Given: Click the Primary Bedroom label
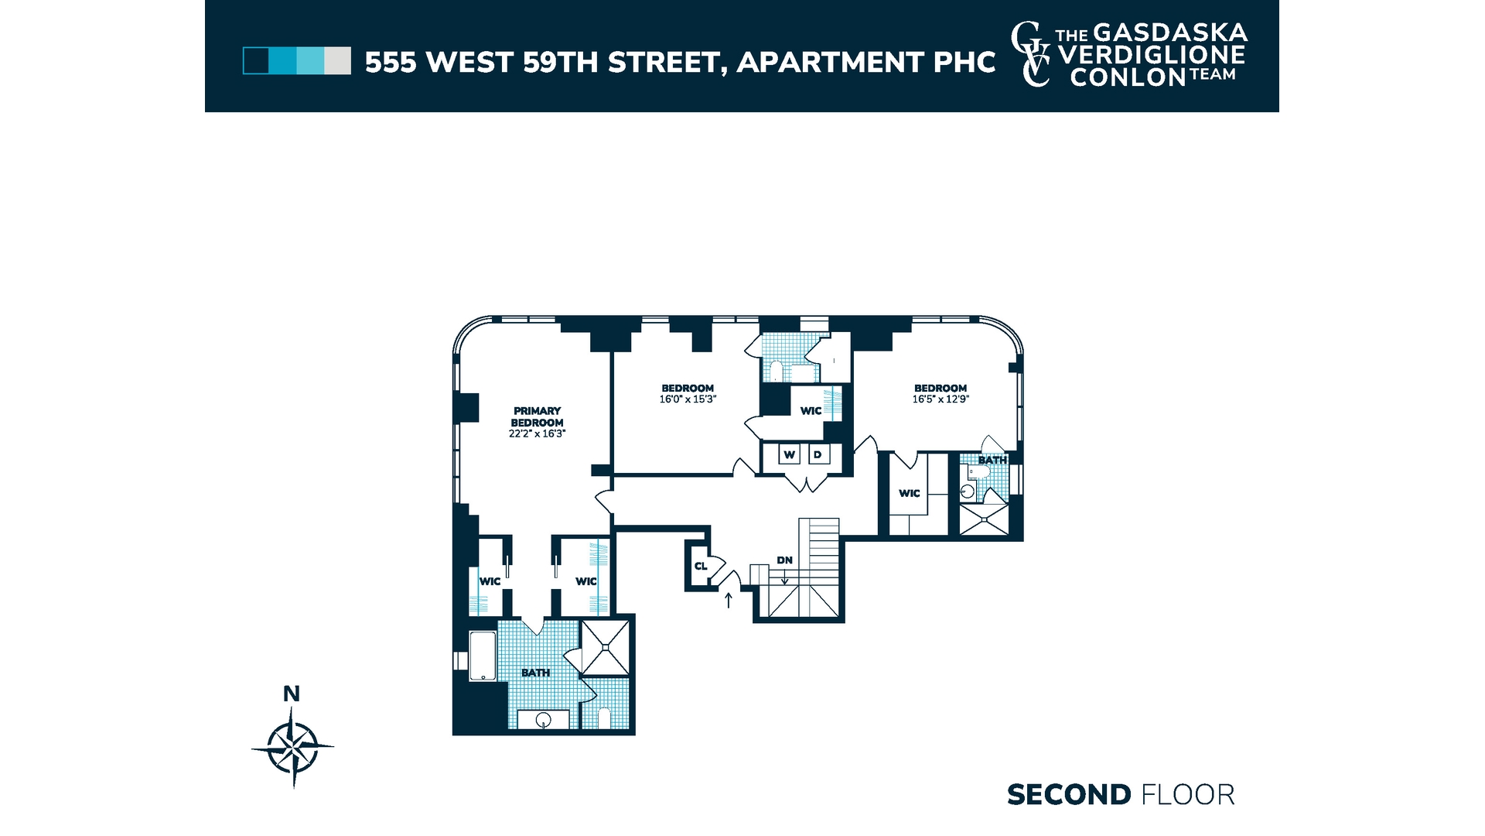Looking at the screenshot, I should (537, 416).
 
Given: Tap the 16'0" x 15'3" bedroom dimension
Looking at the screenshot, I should (688, 399).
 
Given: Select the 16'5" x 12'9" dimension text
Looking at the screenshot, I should (940, 399).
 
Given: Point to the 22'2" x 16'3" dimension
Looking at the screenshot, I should (537, 434).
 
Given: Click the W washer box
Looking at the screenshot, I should (789, 454).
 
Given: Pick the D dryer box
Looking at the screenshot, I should (818, 454).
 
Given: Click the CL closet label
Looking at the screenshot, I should (701, 566).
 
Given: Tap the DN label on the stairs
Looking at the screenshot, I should (784, 560).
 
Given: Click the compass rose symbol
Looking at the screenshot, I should (292, 748).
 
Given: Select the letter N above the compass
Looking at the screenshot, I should (292, 694).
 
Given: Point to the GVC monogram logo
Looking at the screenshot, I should (1032, 54).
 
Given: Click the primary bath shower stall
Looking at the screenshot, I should (606, 647).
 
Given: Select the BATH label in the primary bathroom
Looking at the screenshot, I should (535, 673).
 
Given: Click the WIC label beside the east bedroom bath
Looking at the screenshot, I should (910, 493).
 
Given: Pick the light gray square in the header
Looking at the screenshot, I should (337, 61).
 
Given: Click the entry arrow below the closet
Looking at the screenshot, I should (728, 599).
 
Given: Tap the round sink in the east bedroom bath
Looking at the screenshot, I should (967, 491).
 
